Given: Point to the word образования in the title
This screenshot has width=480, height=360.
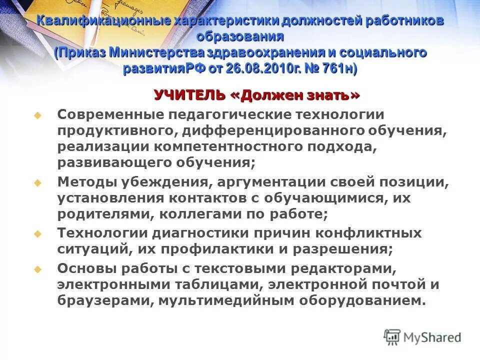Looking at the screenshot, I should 240,36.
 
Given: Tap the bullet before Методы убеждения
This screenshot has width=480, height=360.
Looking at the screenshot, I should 36,183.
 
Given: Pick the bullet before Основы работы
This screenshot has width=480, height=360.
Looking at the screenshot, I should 36,269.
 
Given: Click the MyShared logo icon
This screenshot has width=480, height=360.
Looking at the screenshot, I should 392,336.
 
